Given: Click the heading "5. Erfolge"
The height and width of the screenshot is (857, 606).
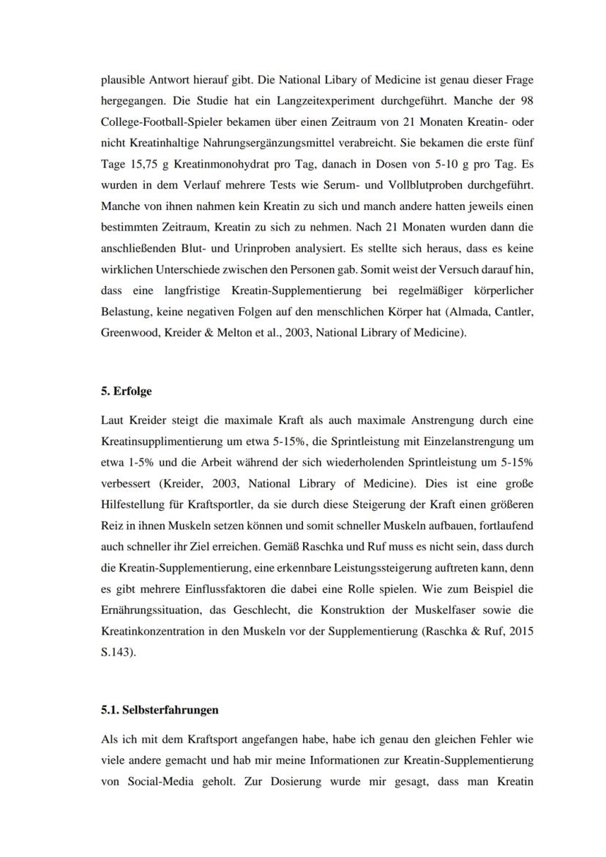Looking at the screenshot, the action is [126, 392].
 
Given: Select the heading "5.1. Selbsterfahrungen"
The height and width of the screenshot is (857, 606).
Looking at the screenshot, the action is [160, 710].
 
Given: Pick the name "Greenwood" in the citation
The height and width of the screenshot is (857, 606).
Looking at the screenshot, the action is [126, 333].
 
